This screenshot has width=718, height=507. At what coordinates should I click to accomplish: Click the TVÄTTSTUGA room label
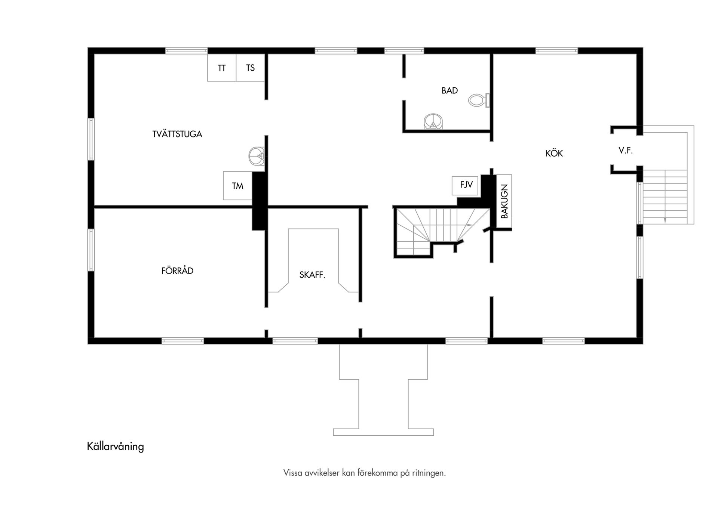coord(177,134)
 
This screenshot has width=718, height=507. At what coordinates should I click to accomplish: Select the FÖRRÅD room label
coord(177,271)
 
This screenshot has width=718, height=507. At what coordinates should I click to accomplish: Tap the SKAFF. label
coord(312,275)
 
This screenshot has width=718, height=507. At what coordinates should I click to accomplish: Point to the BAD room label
coord(449,90)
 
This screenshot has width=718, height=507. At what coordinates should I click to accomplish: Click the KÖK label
coord(554,154)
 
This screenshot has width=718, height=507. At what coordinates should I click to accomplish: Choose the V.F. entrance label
coord(625,151)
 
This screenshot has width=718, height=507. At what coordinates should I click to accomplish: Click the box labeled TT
coord(222,68)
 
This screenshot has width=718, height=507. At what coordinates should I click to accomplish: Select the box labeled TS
coord(250,68)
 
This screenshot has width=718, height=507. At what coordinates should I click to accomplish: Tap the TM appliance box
coord(237,186)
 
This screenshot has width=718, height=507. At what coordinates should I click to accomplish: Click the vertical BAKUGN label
coord(504,202)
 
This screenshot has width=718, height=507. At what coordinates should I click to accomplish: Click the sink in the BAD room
coord(433,121)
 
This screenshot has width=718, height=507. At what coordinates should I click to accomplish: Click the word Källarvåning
coord(115,447)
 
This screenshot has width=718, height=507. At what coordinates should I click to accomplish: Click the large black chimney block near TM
coord(259,201)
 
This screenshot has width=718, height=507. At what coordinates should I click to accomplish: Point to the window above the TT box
coord(186,51)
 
